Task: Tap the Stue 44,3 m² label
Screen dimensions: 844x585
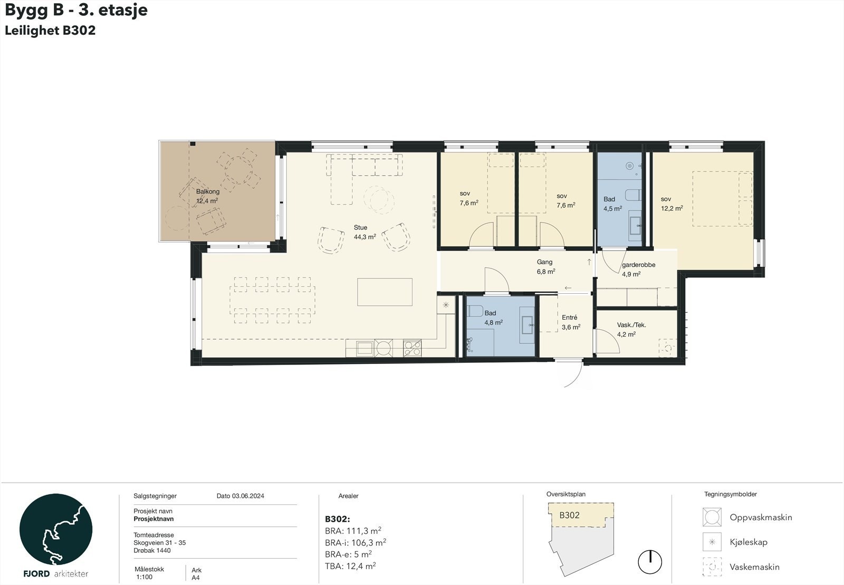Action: click(x=365, y=232)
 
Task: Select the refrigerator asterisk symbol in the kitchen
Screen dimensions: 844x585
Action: click(x=446, y=305)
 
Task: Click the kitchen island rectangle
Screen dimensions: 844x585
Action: click(x=385, y=292)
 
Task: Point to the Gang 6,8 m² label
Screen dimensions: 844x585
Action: click(x=545, y=267)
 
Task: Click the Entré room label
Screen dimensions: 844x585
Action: click(x=569, y=318)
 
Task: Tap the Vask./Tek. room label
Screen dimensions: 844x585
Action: click(x=631, y=325)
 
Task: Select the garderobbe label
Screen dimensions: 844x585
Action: click(x=639, y=265)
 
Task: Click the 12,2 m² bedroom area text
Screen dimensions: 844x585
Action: click(x=672, y=208)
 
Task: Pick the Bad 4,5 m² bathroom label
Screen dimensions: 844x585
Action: click(x=612, y=204)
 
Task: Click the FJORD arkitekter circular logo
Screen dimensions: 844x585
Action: click(x=56, y=530)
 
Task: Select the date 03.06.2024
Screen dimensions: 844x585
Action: click(x=248, y=496)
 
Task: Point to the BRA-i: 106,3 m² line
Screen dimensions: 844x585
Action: click(x=356, y=542)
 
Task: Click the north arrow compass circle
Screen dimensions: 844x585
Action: click(x=650, y=562)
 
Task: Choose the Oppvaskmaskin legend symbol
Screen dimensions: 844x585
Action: click(x=712, y=517)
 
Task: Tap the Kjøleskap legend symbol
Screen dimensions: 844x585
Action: click(x=712, y=542)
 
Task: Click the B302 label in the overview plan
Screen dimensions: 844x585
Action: click(x=569, y=515)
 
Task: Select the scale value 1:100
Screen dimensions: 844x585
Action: click(x=145, y=577)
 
